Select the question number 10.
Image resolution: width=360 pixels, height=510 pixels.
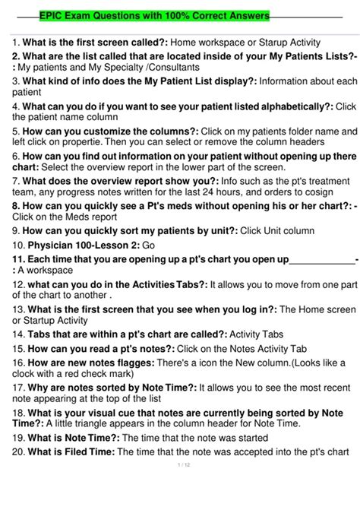coord(17,246)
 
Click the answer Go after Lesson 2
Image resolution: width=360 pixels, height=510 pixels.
coord(149,246)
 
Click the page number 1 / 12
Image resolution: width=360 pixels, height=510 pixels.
coord(179,465)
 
